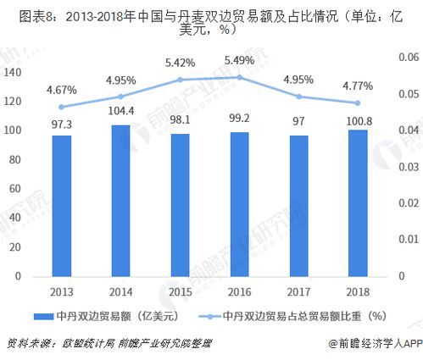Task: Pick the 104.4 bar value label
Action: click(121, 111)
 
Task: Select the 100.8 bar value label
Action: click(359, 114)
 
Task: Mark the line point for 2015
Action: click(181, 80)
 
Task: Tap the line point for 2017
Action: click(299, 97)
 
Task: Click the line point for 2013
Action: click(62, 107)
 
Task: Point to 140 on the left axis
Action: click(13, 73)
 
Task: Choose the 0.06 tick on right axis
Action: click(406, 57)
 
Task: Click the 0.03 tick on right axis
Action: click(406, 167)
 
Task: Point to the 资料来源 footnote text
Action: click(28, 343)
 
